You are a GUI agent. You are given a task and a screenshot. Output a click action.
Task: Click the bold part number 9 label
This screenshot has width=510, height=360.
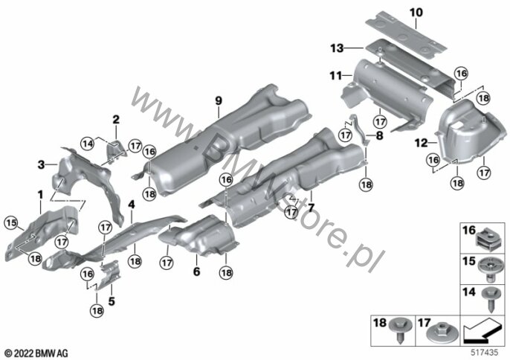tap(219, 100)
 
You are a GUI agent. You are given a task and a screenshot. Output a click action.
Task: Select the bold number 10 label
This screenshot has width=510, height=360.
tap(416, 13)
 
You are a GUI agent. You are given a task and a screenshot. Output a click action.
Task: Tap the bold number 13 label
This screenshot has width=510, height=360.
tap(337, 48)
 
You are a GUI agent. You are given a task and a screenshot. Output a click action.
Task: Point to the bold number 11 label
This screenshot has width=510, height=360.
tap(336, 76)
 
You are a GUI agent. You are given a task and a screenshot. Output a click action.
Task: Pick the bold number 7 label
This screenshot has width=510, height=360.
tap(312, 208)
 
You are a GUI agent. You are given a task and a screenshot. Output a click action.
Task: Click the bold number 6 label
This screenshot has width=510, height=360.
tap(196, 271)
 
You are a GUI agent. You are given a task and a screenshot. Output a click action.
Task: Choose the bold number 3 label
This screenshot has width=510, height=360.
tap(41, 164)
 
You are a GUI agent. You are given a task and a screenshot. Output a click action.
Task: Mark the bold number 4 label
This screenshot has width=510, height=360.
tap(132, 205)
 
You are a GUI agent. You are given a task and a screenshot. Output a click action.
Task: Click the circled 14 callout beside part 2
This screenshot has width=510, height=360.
tap(88, 144)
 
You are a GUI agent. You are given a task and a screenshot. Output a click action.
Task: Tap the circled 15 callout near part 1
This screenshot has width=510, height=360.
tap(10, 223)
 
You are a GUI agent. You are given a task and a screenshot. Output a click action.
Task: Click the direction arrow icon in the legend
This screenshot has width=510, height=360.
tap(482, 331)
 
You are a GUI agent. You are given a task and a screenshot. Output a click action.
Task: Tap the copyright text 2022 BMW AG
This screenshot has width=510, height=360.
tap(36, 353)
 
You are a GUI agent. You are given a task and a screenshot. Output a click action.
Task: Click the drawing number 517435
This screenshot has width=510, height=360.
tap(485, 353)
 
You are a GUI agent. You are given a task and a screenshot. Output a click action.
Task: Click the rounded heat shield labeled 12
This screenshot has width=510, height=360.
tap(471, 130)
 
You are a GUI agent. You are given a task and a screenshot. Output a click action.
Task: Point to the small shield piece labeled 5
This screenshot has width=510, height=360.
tap(109, 274)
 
